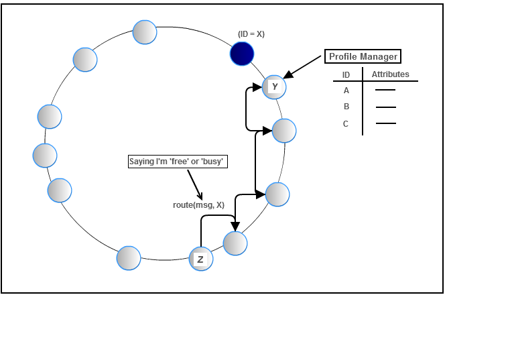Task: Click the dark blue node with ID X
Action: click(x=242, y=54)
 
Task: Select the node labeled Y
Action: click(x=274, y=86)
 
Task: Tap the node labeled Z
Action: click(x=201, y=259)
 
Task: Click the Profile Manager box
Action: click(x=363, y=57)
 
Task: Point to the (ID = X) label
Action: click(x=251, y=34)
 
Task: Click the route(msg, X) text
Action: click(x=198, y=205)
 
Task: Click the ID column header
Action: click(x=346, y=75)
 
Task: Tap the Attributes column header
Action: click(x=390, y=74)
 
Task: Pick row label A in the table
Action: click(x=346, y=91)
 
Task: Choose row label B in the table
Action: click(x=346, y=107)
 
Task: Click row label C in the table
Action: click(x=346, y=123)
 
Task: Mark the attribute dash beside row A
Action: click(x=385, y=91)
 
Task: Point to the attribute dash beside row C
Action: click(x=385, y=123)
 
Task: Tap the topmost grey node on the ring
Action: click(x=145, y=32)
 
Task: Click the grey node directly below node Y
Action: click(x=284, y=131)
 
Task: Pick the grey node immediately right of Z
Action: click(x=235, y=243)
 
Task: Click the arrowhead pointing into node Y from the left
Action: click(x=257, y=86)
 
